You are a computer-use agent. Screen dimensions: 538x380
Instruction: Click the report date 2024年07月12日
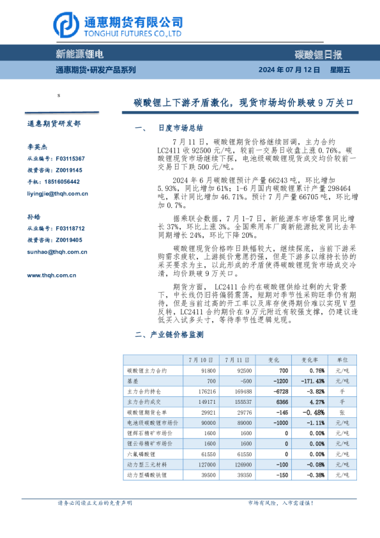[x=288, y=70]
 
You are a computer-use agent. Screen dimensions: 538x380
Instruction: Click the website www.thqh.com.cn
[x=52, y=275]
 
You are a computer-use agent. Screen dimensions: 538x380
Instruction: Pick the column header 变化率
[x=310, y=360]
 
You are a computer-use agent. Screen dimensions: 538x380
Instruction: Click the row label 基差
[x=133, y=381]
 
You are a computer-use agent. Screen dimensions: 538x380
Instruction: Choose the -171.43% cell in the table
[x=310, y=381]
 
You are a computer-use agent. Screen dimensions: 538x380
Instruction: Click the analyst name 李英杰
[x=37, y=146]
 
